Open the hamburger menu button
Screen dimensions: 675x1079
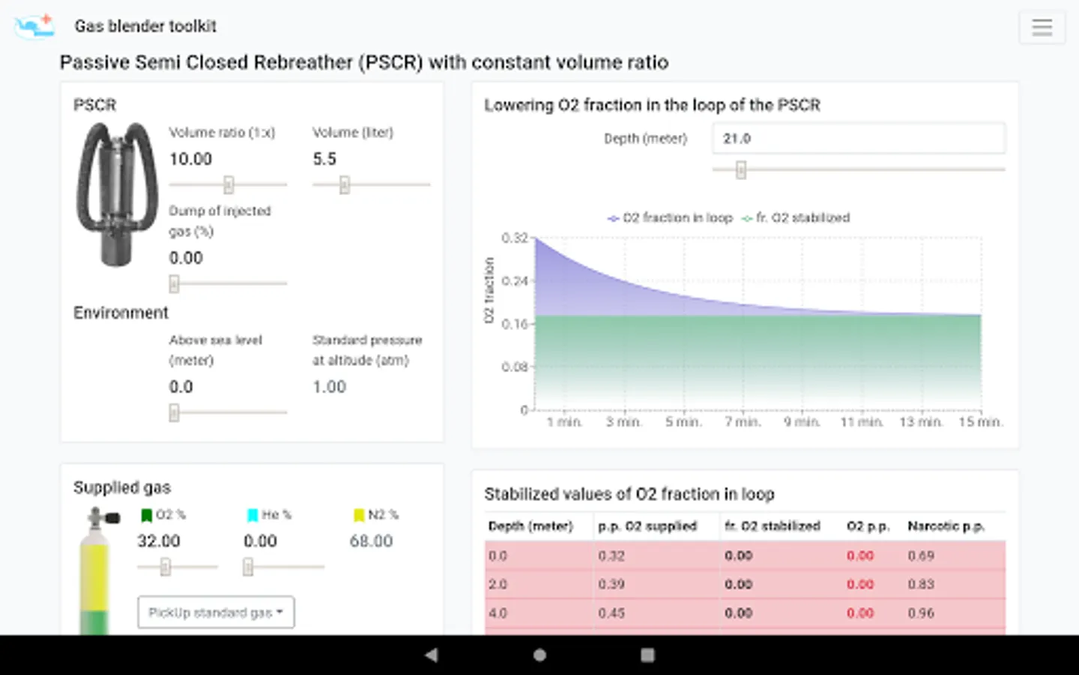[x=1042, y=27]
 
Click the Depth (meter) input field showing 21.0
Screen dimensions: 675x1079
[x=858, y=139]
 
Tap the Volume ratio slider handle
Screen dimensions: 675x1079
[x=229, y=184]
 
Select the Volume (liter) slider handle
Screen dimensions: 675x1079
[x=345, y=184]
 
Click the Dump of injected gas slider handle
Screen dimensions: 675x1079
[x=175, y=283]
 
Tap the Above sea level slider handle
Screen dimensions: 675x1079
[x=175, y=412]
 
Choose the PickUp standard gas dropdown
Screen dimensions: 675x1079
[x=216, y=613]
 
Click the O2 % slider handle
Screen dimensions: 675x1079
[x=166, y=567]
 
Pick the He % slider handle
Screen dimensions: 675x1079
[x=248, y=567]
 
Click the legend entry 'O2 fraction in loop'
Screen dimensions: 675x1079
[x=670, y=217]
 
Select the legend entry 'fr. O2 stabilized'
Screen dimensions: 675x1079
[x=796, y=217]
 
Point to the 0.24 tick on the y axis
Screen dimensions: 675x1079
[x=514, y=281]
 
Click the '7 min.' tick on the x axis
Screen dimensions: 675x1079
[x=743, y=422]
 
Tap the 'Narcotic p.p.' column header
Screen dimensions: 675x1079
[x=946, y=526]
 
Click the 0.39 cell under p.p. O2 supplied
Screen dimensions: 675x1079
[x=611, y=584]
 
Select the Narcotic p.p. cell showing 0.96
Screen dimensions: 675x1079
[x=921, y=613]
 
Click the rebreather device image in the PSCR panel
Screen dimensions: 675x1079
[x=117, y=194]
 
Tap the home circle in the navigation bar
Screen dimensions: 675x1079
[x=539, y=655]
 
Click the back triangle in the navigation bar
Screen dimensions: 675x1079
[x=431, y=655]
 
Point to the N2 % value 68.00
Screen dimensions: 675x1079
[x=371, y=541]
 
